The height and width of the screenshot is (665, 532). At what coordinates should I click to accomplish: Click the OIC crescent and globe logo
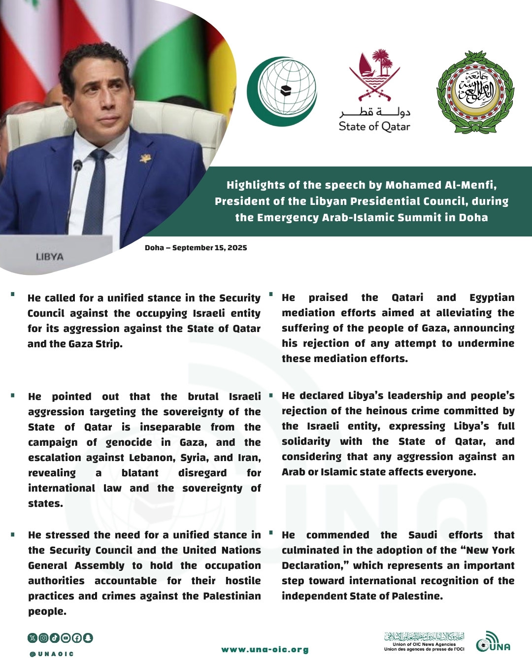282,91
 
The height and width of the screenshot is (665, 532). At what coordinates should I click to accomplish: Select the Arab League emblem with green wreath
475,92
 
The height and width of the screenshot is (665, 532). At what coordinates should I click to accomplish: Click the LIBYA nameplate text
49,257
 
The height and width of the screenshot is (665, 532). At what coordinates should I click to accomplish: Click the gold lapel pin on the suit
145,159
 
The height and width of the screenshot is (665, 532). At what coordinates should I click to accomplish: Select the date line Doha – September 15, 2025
196,248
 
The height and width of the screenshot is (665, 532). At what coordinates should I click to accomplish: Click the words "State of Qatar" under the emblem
374,127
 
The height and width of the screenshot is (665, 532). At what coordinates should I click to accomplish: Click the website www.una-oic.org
265,649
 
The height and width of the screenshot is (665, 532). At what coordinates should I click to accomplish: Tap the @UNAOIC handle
51,654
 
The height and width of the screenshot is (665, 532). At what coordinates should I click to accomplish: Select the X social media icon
33,638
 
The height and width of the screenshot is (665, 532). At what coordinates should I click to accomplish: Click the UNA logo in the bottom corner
493,642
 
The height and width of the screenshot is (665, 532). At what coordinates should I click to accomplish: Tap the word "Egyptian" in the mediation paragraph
492,298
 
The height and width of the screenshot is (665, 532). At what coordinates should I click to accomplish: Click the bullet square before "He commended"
270,533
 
